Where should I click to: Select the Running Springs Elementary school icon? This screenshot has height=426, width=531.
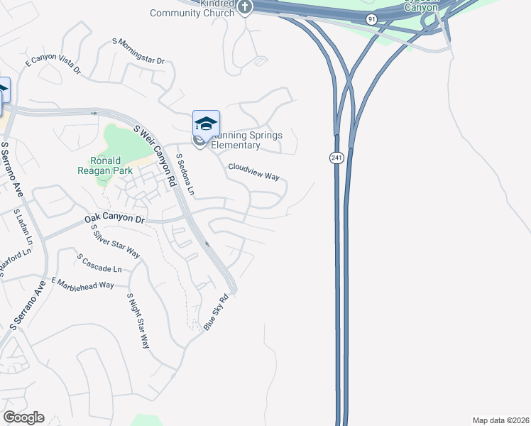206,124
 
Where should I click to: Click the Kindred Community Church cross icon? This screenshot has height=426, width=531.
245,7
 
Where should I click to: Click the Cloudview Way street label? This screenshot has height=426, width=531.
253,171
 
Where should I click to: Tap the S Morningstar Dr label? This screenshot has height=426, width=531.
138,52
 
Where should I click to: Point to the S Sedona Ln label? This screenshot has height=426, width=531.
185,176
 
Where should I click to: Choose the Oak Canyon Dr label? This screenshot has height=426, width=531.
114,218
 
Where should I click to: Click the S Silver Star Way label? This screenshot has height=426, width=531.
116,241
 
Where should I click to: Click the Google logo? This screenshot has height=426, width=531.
23,417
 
